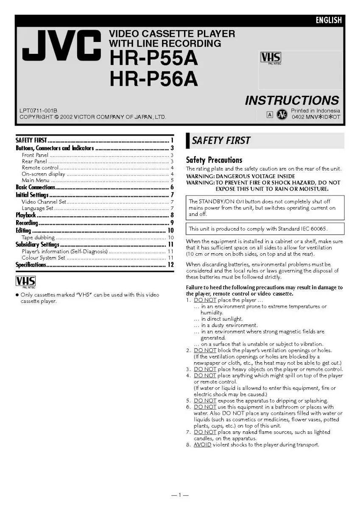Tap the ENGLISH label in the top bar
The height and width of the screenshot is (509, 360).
tap(328, 20)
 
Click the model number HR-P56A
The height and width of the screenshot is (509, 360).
tap(153, 78)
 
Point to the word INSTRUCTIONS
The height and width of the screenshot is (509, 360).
tap(292, 101)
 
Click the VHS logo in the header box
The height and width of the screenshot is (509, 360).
tap(271, 58)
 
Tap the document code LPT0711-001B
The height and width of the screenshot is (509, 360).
tap(38, 111)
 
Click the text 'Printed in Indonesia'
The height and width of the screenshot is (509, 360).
tap(315, 111)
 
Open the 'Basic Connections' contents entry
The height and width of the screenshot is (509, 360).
tap(36, 187)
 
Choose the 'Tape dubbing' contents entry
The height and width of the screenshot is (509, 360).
tap(38, 238)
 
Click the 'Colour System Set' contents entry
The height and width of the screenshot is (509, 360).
tap(44, 257)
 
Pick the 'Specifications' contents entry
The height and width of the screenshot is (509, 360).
tap(31, 265)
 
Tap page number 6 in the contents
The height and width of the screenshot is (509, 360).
tap(172, 187)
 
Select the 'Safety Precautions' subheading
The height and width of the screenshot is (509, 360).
tap(214, 160)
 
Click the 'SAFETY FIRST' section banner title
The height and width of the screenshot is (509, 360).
tap(221, 140)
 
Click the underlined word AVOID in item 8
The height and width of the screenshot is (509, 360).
tap(202, 445)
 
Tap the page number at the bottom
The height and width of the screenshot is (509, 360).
tap(180, 495)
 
